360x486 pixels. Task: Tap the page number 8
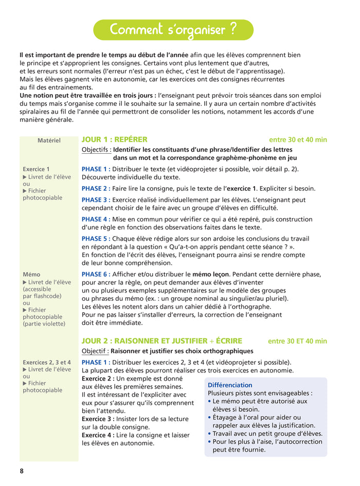pos(22,471)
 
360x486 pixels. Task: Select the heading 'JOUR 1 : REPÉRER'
pos(114,139)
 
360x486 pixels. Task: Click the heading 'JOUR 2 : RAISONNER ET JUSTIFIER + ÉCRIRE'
pos(161,341)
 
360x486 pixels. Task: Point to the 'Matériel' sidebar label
pos(49,140)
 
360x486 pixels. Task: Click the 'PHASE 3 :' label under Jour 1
pos(95,200)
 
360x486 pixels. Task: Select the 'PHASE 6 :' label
pos(95,274)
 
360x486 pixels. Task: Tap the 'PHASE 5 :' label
pos(95,239)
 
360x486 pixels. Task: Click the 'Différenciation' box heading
pos(230,385)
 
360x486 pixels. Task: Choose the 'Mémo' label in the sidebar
pos(31,275)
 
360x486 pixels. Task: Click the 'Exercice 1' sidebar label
pos(37,169)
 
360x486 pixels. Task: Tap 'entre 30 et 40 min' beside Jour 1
pos(298,140)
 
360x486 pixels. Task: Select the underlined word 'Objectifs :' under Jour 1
pos(96,150)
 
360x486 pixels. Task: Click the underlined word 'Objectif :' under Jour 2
pos(95,351)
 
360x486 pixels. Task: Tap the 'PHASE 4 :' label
pos(95,219)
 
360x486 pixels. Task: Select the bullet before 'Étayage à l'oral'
pos(209,418)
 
